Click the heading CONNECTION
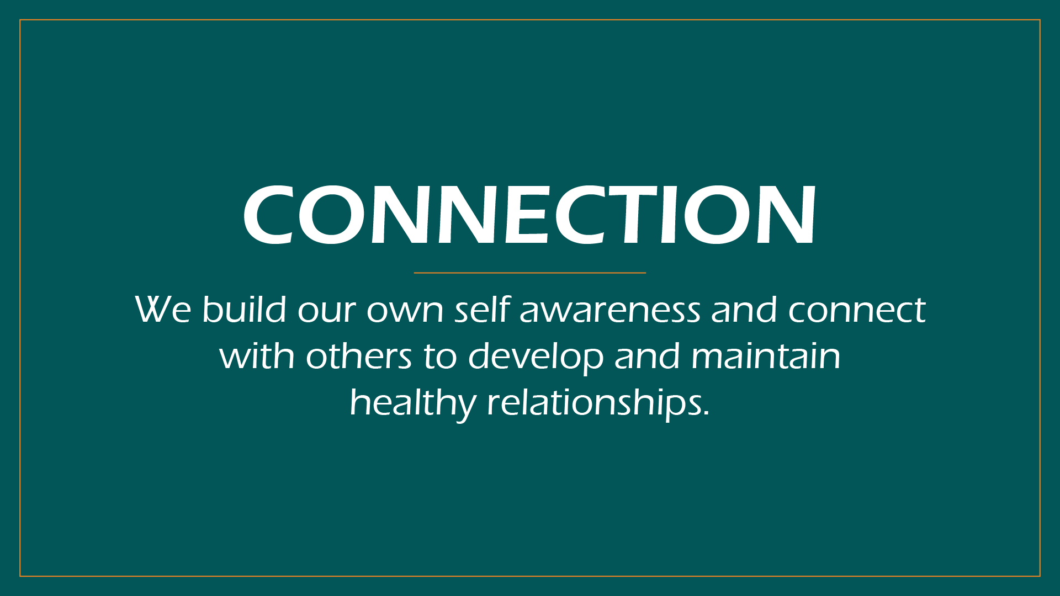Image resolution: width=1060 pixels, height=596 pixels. click(529, 215)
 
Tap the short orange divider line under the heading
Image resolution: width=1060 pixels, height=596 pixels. click(529, 273)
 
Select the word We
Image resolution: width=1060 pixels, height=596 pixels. click(163, 310)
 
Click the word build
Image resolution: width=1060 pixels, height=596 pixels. click(244, 308)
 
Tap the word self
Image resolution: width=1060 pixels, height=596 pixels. click(482, 308)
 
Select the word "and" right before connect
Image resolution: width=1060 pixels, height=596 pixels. click(744, 308)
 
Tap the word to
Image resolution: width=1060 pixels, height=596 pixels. click(440, 357)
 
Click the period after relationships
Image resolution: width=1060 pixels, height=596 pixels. click(706, 413)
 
